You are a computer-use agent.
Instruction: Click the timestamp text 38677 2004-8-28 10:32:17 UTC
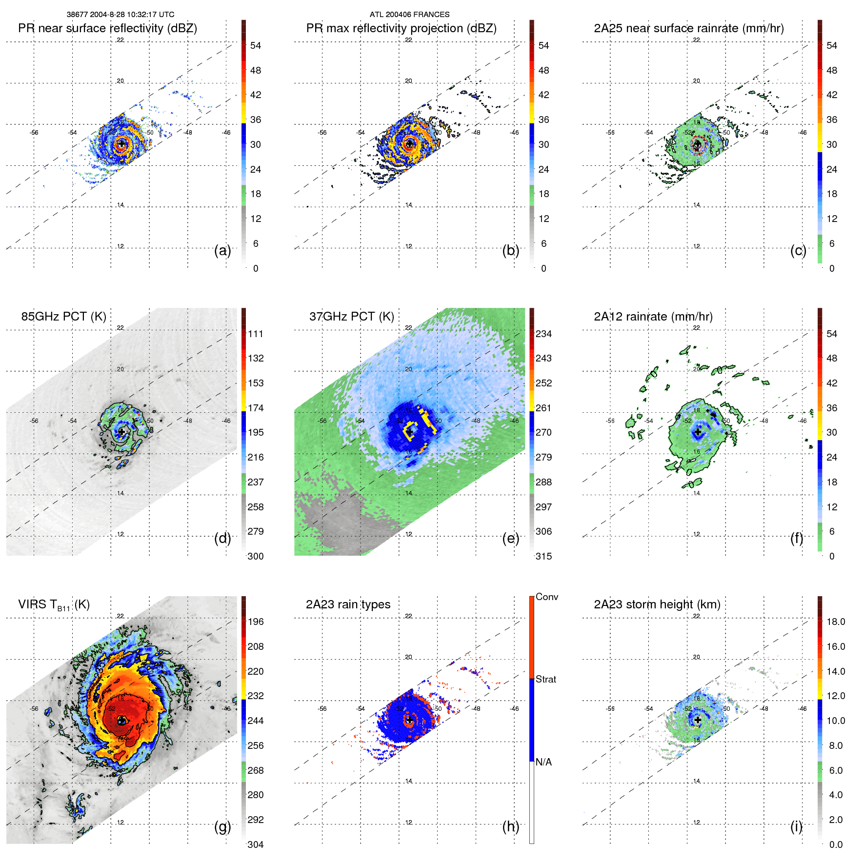pyautogui.click(x=121, y=15)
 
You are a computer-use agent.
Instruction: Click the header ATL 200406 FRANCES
pyautogui.click(x=409, y=15)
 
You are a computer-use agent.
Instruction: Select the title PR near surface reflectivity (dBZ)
pyautogui.click(x=107, y=28)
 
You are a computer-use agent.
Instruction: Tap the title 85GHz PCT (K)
pyautogui.click(x=63, y=317)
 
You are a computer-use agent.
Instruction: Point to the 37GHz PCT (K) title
pyautogui.click(x=351, y=317)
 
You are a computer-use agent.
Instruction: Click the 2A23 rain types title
pyautogui.click(x=348, y=604)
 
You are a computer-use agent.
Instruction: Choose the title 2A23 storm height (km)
pyautogui.click(x=657, y=604)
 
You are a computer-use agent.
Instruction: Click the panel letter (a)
pyautogui.click(x=222, y=251)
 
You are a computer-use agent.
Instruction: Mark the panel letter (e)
pyautogui.click(x=510, y=539)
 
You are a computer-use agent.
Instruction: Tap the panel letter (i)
pyautogui.click(x=796, y=826)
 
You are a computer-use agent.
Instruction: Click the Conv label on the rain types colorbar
pyautogui.click(x=547, y=597)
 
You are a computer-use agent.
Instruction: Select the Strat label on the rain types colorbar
pyautogui.click(x=546, y=679)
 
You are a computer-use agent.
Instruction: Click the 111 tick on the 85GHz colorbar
pyautogui.click(x=256, y=334)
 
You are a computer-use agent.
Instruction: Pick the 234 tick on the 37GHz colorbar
pyautogui.click(x=543, y=334)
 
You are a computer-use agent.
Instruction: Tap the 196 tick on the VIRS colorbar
pyautogui.click(x=256, y=622)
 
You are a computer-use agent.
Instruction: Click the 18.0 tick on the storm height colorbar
pyautogui.click(x=836, y=622)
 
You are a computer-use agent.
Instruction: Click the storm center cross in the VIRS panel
pyautogui.click(x=121, y=720)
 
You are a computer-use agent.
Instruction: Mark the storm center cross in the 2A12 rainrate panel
pyautogui.click(x=698, y=432)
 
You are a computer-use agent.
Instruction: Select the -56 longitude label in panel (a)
pyautogui.click(x=34, y=133)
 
